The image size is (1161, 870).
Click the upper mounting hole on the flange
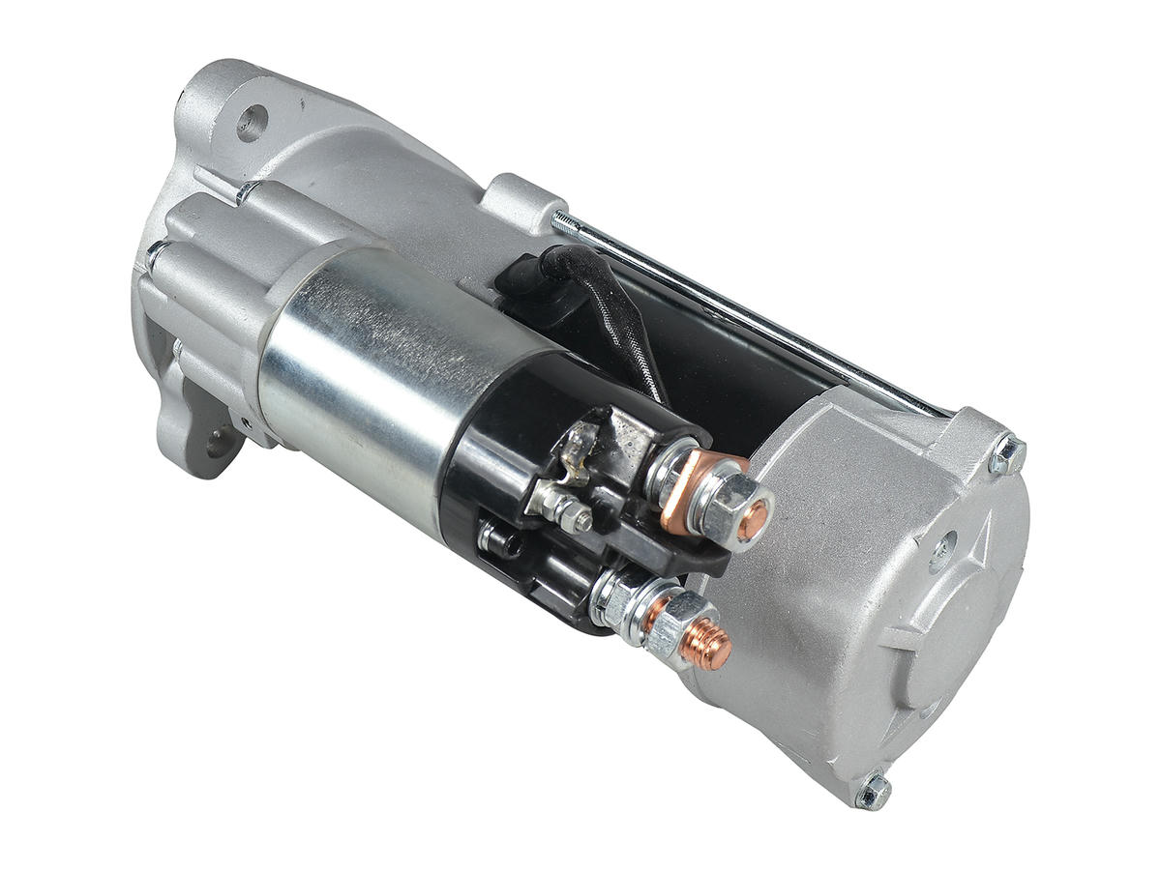tap(251, 123)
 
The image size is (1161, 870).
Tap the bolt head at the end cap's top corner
tap(1007, 455)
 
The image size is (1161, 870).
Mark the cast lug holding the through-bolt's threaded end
tap(519, 202)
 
